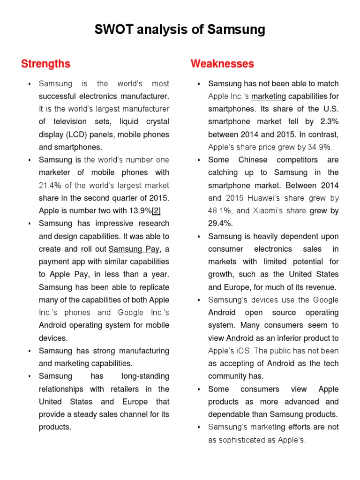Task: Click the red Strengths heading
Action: point(45,64)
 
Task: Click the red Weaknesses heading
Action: point(222,64)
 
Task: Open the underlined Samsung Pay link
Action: point(134,249)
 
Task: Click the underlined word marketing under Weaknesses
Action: point(269,97)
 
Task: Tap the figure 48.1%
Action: point(220,210)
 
